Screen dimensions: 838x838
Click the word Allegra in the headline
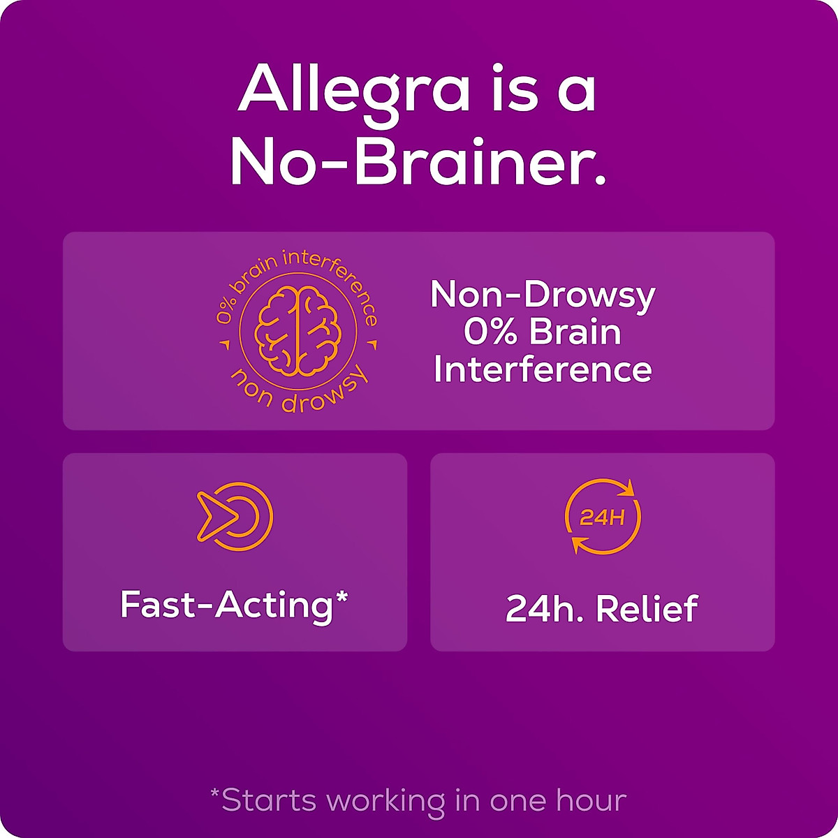(354, 89)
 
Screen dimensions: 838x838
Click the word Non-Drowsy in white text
(543, 295)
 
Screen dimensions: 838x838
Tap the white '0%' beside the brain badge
(490, 332)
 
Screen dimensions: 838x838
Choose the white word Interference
(543, 369)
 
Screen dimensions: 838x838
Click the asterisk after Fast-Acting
(341, 598)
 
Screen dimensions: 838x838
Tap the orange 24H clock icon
(603, 517)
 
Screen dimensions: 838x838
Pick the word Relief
(647, 609)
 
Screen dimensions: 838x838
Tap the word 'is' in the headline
(514, 89)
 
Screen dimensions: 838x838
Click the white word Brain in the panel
(575, 332)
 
